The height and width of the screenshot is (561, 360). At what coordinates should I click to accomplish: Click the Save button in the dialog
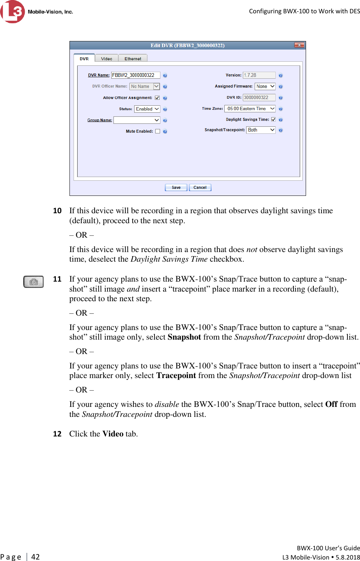click(176, 187)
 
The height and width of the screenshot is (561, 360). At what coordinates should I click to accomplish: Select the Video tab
click(106, 58)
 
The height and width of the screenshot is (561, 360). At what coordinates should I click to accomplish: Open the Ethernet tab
click(133, 58)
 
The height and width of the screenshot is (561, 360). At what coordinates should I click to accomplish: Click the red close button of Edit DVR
click(299, 45)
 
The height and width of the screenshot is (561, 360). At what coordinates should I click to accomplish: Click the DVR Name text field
click(136, 75)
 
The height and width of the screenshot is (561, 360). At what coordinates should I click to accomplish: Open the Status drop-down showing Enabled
click(147, 109)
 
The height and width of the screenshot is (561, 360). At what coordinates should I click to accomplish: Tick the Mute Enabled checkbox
click(157, 131)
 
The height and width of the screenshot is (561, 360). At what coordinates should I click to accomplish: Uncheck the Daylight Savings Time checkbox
click(274, 119)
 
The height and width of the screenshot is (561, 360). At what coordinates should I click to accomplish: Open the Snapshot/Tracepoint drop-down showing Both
click(261, 130)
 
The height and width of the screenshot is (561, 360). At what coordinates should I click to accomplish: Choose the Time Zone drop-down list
click(250, 109)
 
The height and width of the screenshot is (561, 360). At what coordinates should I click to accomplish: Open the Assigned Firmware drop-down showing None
click(265, 86)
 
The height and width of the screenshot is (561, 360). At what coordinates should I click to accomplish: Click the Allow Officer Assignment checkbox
click(157, 98)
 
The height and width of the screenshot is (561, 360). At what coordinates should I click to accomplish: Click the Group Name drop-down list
click(137, 120)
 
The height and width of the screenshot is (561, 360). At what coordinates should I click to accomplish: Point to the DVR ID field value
click(259, 98)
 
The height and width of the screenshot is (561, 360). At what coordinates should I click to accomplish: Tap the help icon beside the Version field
click(281, 75)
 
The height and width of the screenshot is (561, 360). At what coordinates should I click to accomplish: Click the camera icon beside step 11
click(33, 282)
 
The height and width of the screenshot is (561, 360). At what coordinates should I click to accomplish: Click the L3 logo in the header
click(13, 11)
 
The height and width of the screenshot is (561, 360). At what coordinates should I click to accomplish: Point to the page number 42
click(35, 557)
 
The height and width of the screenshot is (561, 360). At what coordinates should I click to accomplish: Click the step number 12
click(57, 434)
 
